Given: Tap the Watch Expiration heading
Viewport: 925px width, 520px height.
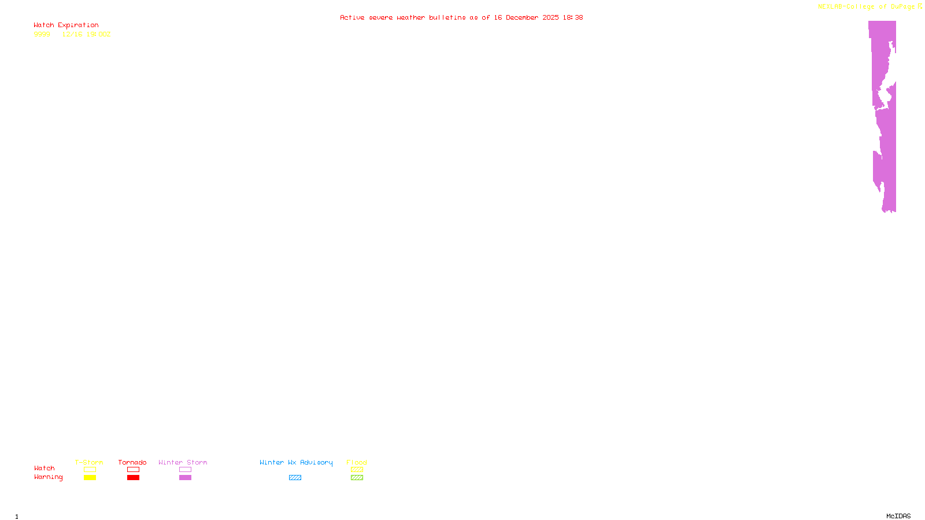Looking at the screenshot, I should click(x=66, y=25).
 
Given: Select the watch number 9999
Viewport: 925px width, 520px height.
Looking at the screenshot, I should click(x=42, y=35).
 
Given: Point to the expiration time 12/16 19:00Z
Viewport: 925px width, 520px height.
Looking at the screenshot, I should click(x=86, y=35).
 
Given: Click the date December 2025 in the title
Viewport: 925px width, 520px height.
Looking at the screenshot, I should click(x=532, y=18).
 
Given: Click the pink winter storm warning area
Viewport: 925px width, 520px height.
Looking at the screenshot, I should click(x=887, y=144).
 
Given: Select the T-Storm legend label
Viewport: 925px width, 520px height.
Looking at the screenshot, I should click(x=89, y=462).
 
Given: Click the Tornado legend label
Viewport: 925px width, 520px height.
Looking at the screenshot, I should click(x=132, y=462).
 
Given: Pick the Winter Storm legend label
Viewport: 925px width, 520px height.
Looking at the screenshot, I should click(x=183, y=462).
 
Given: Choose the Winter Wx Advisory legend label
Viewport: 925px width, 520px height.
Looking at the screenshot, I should click(x=296, y=462).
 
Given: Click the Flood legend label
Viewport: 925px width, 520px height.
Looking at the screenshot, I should click(x=357, y=462).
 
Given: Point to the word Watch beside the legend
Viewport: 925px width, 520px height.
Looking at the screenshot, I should click(x=45, y=469).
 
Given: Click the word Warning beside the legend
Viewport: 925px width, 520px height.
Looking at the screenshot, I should click(x=48, y=477).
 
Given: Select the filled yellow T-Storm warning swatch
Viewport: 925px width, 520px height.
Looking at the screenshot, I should click(x=90, y=478).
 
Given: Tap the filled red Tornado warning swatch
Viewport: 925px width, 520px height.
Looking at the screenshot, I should click(x=133, y=478).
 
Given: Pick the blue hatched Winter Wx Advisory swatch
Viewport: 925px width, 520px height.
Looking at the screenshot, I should click(x=295, y=478).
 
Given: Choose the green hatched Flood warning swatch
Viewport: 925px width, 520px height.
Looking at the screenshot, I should click(x=357, y=478).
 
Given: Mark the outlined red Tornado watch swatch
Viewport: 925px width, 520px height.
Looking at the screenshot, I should click(x=133, y=470).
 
